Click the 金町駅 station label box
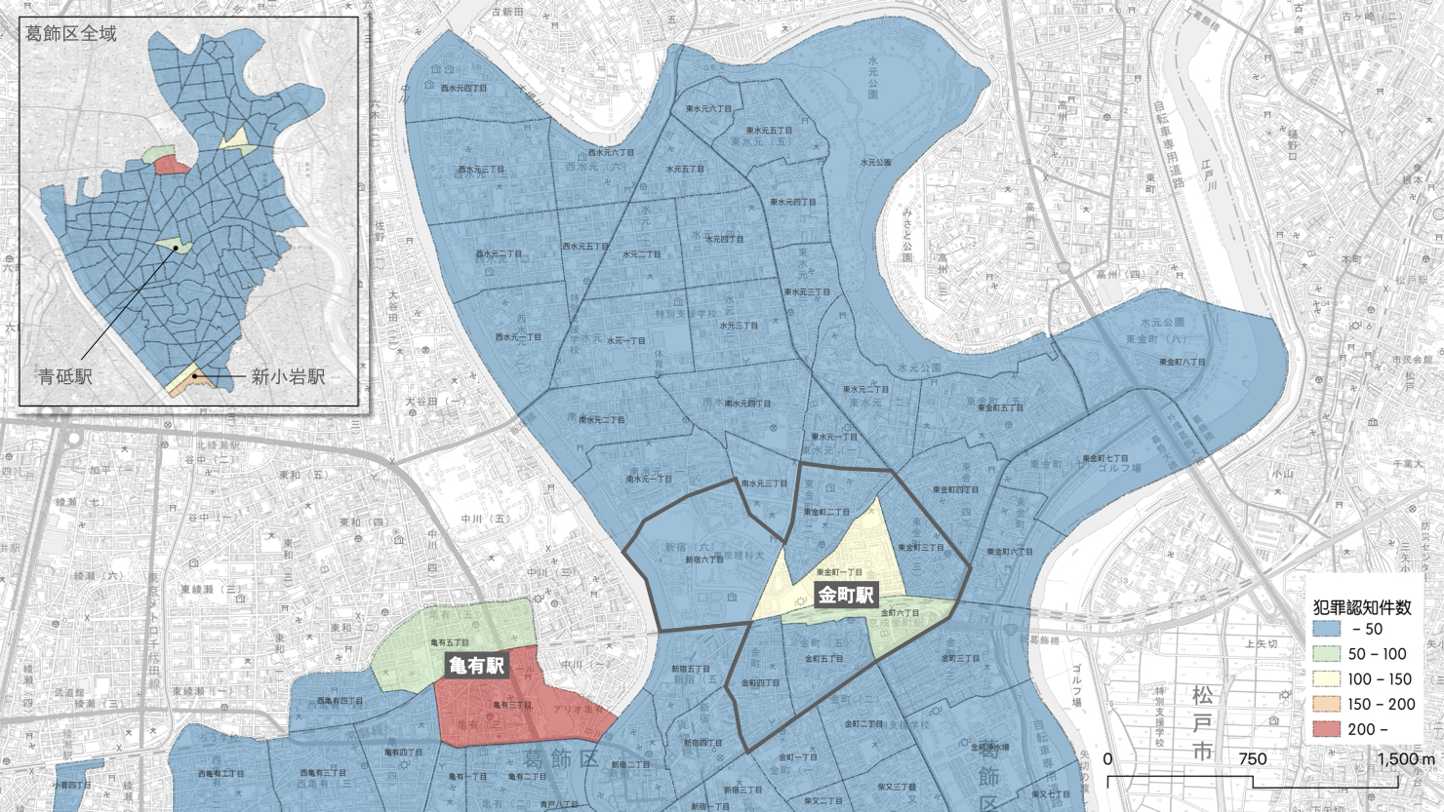[845, 596]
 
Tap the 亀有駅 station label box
[475, 665]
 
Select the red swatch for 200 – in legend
[1327, 729]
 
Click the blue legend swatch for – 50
[1327, 629]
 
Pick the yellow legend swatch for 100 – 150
[1327, 679]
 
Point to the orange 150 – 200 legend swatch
[1327, 704]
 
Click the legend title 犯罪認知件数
[1362, 606]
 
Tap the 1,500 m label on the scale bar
[1405, 758]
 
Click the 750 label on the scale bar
[1253, 758]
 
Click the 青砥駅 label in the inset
[65, 376]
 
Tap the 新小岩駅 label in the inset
[288, 376]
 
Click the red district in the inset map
[172, 165]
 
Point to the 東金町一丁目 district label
[839, 572]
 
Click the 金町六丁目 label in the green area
[900, 612]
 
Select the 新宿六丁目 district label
[704, 560]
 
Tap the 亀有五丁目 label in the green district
[450, 642]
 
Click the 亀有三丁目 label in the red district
[511, 704]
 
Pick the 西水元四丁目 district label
[463, 89]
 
